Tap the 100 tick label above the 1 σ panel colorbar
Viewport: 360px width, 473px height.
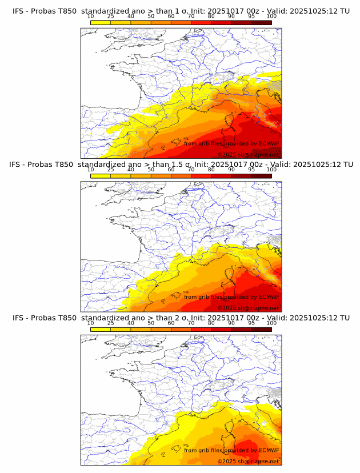(x=271, y=17)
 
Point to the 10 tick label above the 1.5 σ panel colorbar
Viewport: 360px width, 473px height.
(x=91, y=170)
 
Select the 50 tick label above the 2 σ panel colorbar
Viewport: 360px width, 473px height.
(x=151, y=323)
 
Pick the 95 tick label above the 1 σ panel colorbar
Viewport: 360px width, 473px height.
(x=251, y=17)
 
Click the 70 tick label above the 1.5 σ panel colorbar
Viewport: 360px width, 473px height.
(x=191, y=170)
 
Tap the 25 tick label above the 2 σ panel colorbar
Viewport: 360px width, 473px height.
(x=110, y=323)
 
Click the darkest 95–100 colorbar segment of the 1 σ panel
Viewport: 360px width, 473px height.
(x=261, y=22)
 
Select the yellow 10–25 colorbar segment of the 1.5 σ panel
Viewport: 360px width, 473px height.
(x=101, y=176)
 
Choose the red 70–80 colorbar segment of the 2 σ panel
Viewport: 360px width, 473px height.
(x=201, y=330)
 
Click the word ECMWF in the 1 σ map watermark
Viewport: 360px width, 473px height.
(x=268, y=144)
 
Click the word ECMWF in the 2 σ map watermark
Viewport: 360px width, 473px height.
(x=268, y=450)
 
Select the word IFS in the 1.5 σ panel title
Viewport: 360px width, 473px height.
(x=19, y=165)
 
